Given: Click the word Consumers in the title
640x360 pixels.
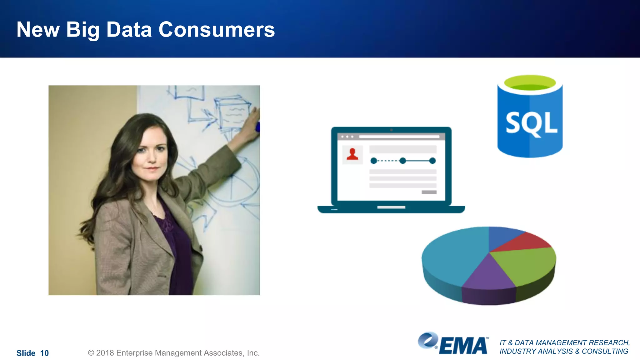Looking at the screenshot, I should pyautogui.click(x=217, y=30).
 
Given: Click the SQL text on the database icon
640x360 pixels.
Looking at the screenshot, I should pyautogui.click(x=531, y=123).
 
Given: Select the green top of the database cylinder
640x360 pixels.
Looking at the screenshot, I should pyautogui.click(x=530, y=83).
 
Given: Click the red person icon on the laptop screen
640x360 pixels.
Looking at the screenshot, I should pyautogui.click(x=352, y=154).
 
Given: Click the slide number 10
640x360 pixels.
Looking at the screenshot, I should pyautogui.click(x=44, y=353).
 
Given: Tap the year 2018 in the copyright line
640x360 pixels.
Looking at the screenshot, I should pyautogui.click(x=105, y=353).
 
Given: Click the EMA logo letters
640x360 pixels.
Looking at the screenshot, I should pyautogui.click(x=464, y=346).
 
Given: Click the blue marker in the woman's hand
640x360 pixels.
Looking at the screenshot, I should pyautogui.click(x=258, y=127).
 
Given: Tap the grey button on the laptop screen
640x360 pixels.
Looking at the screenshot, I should pyautogui.click(x=429, y=192).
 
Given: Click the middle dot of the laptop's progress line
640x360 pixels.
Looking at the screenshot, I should pyautogui.click(x=403, y=161).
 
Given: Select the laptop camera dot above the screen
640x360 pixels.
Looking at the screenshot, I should pyautogui.click(x=391, y=130).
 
